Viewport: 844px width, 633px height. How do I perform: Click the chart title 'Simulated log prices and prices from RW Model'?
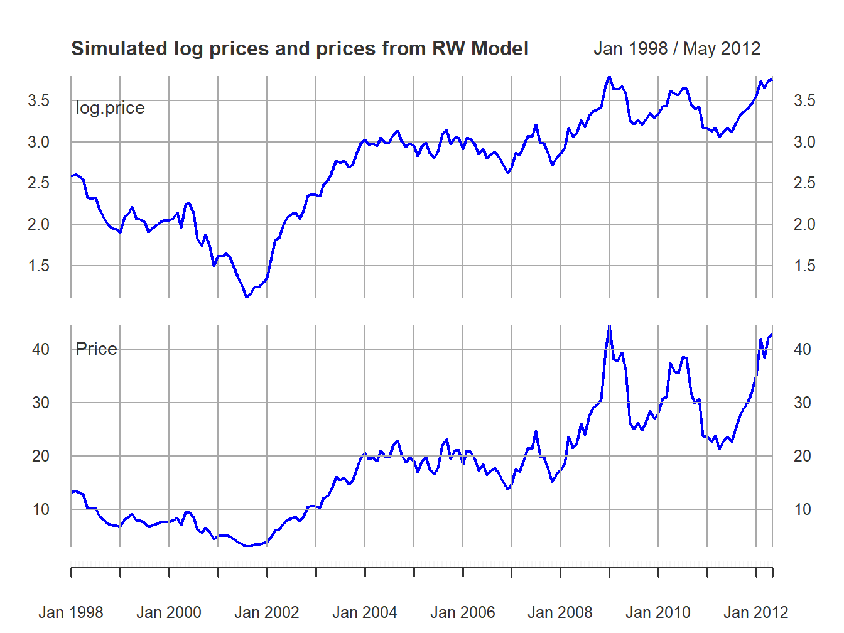click(x=300, y=49)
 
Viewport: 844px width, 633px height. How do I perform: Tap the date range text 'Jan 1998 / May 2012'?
click(x=677, y=49)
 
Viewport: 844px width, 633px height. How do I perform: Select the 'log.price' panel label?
click(x=110, y=108)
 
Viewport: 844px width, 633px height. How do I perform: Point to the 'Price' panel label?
click(x=96, y=349)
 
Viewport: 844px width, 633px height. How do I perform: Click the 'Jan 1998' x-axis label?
click(x=71, y=612)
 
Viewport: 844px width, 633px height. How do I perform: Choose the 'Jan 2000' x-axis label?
click(x=169, y=612)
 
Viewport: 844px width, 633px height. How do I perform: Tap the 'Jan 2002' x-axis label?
click(x=267, y=612)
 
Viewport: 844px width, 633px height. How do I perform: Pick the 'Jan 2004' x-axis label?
click(x=365, y=612)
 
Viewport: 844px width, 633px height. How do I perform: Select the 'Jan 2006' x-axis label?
click(x=463, y=612)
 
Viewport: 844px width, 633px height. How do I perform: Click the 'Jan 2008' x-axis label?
click(x=560, y=612)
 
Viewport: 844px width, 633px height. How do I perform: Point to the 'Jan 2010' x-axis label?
click(x=658, y=612)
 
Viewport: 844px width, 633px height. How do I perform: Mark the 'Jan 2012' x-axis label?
click(x=756, y=612)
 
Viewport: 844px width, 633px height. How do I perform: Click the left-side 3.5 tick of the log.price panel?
click(x=38, y=100)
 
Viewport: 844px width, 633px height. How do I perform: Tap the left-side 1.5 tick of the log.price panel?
click(x=38, y=266)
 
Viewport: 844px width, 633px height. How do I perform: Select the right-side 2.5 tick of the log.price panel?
click(x=804, y=183)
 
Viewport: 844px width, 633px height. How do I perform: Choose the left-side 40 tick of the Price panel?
click(x=41, y=349)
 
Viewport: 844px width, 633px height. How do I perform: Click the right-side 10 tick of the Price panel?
click(x=803, y=509)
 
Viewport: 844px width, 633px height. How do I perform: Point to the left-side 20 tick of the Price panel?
click(x=41, y=456)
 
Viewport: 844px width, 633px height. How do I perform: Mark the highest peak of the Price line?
click(x=609, y=326)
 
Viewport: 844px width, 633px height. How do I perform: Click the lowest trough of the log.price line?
click(x=247, y=296)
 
